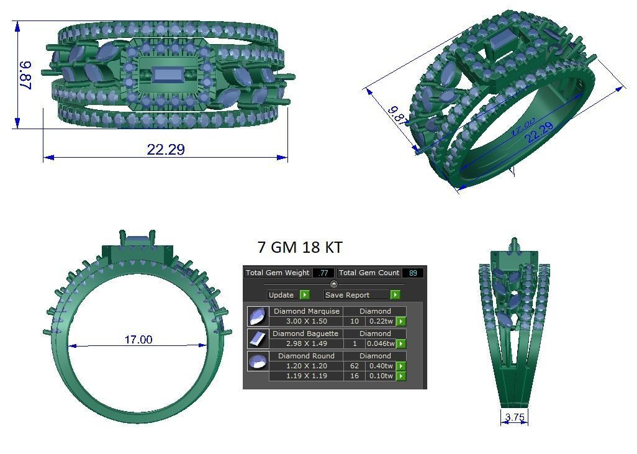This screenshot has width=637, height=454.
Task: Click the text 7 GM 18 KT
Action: [299, 247]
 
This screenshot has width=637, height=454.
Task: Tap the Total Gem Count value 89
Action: [413, 273]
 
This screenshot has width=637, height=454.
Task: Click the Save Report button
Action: [348, 295]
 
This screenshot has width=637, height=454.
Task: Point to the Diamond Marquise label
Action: [306, 311]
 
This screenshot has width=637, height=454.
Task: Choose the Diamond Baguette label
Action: [306, 334]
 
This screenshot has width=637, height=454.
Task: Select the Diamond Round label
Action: [306, 356]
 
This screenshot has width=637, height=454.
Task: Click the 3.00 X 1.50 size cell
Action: [306, 321]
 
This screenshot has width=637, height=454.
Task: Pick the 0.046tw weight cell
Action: [381, 343]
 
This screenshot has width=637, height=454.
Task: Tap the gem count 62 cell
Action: [355, 366]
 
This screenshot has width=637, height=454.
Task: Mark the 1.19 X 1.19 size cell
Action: [306, 376]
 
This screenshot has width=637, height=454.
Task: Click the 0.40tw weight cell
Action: [381, 366]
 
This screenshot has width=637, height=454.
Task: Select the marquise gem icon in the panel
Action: [257, 316]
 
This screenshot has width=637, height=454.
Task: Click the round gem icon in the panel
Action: [257, 361]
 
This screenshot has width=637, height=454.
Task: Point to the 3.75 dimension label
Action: [515, 417]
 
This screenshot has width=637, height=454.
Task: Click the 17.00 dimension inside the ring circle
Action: [138, 340]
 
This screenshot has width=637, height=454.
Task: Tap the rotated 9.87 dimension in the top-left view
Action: [26, 75]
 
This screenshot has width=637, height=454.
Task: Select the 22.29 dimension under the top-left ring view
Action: [166, 149]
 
